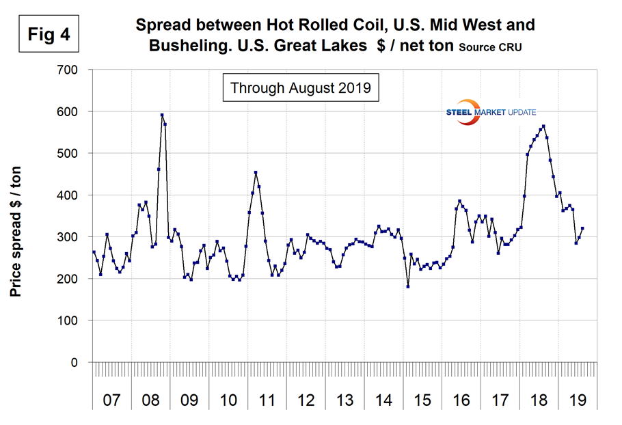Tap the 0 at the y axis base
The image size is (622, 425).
77,362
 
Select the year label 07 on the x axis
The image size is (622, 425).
111,398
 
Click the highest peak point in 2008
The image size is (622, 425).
162,115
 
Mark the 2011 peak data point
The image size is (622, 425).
256,173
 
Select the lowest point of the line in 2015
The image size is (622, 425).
408,286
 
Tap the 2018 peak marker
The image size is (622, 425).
543,126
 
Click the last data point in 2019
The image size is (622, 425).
582,228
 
